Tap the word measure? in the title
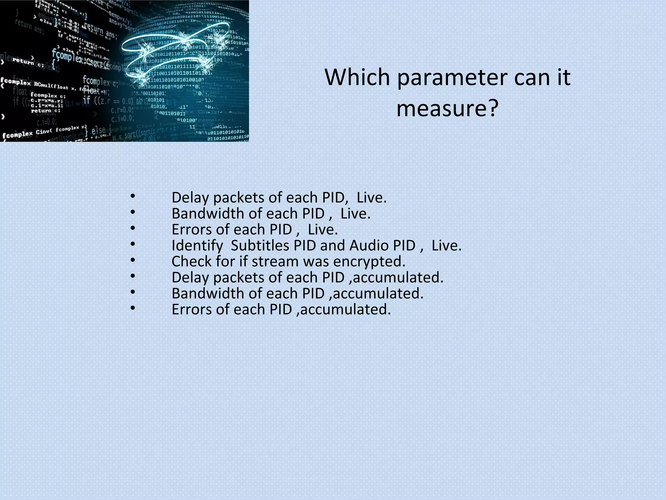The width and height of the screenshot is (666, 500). [447, 108]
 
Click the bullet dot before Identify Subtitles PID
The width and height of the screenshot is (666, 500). [132, 244]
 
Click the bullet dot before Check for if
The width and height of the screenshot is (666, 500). [132, 260]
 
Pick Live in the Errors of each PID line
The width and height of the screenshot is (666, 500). [323, 229]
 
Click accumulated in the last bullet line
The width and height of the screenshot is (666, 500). [345, 309]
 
